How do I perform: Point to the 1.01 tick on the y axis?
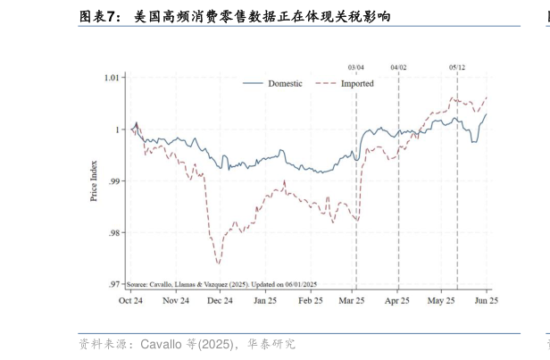click(x=112, y=78)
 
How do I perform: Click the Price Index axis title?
click(x=94, y=180)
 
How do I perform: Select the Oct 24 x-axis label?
click(x=131, y=301)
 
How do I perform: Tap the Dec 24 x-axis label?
click(x=220, y=301)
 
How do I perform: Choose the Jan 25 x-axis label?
click(x=265, y=301)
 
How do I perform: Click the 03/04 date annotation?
click(x=356, y=67)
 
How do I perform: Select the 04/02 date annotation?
click(x=398, y=67)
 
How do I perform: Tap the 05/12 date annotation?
click(x=457, y=67)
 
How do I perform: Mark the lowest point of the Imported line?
click(x=218, y=264)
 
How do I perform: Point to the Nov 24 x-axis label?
click(x=176, y=301)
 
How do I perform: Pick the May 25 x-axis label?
click(x=442, y=301)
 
